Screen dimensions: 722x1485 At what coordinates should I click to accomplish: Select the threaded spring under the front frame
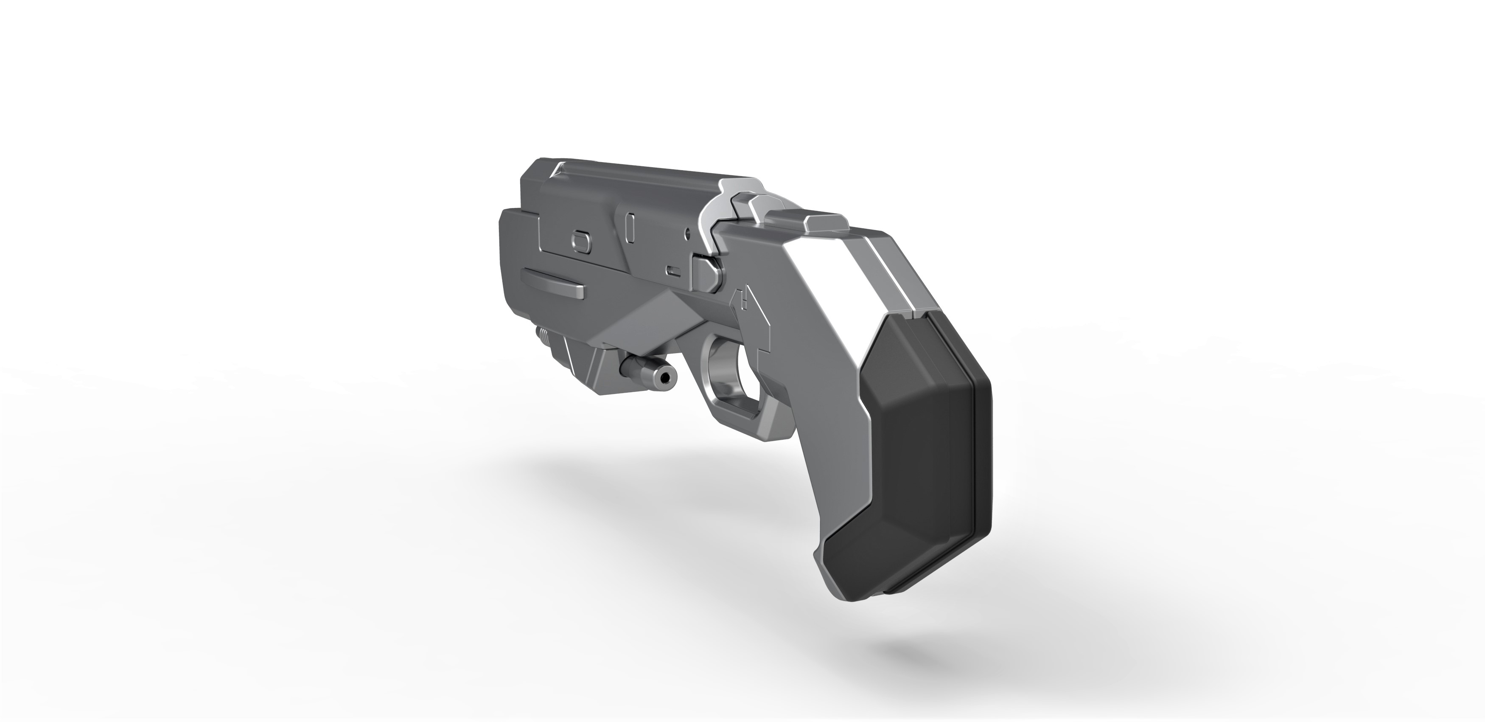tap(141, 334)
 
